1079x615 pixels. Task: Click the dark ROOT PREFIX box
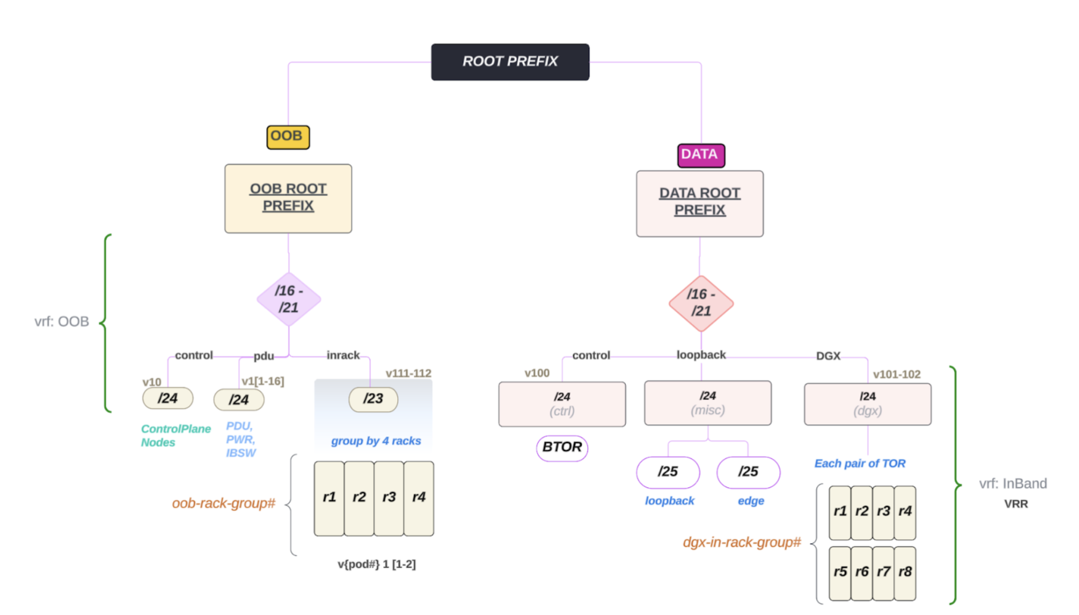(510, 61)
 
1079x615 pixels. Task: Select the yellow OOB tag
(288, 137)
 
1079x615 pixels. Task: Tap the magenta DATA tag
(701, 155)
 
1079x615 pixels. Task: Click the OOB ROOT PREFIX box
(288, 198)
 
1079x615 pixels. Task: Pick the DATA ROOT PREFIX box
(700, 203)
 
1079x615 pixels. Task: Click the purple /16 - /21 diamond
(289, 300)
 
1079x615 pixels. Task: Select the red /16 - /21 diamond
(701, 303)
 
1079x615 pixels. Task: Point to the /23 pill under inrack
(373, 399)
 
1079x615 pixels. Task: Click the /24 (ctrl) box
(562, 404)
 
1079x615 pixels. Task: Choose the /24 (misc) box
(708, 403)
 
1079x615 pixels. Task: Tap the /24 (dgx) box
(867, 404)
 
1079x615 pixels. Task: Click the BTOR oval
(562, 448)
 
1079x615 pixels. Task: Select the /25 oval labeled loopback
(668, 472)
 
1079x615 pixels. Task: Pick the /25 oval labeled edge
(748, 472)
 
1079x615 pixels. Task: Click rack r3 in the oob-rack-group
(389, 498)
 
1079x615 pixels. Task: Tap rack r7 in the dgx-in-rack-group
(883, 572)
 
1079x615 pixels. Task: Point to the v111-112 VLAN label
(408, 374)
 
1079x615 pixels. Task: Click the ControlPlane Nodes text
(175, 436)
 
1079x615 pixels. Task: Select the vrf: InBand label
(1012, 483)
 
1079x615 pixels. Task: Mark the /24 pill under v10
(167, 399)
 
